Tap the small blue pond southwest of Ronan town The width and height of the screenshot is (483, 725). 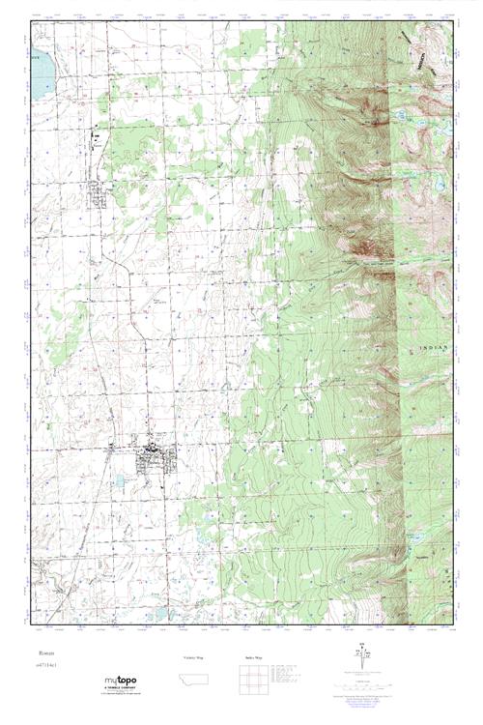click(x=119, y=480)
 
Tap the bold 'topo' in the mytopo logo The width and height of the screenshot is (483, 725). click(x=128, y=681)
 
